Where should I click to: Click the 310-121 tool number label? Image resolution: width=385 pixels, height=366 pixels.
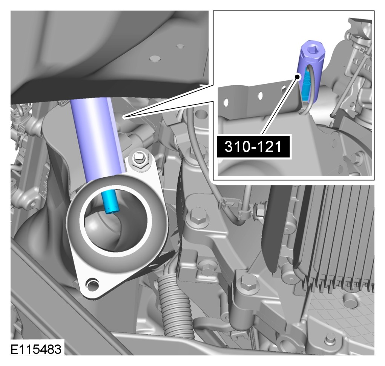(253, 147)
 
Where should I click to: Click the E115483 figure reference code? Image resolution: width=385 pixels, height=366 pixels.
(36, 349)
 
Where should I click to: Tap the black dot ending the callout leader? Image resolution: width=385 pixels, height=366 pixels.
(297, 77)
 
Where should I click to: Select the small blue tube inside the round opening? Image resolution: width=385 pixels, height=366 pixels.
(110, 202)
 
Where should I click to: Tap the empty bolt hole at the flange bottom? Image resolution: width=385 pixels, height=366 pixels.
(92, 284)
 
